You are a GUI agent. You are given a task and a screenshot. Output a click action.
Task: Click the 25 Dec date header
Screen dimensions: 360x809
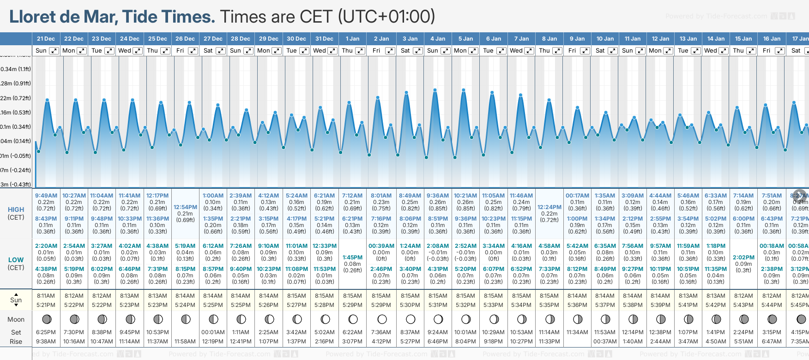157,39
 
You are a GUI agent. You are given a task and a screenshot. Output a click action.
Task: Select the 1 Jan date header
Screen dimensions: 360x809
352,39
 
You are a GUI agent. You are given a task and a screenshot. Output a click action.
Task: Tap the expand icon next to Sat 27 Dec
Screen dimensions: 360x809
221,51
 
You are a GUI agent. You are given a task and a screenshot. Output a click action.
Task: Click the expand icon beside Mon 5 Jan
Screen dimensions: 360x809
473,51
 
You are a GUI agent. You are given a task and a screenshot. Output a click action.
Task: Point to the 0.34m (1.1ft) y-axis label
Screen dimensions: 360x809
16,69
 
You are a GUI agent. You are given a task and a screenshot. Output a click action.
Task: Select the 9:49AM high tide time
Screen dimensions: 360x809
46,196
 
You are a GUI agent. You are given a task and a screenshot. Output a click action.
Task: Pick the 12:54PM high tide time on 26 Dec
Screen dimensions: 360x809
185,207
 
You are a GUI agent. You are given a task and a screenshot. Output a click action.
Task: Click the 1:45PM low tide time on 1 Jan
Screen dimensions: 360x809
352,258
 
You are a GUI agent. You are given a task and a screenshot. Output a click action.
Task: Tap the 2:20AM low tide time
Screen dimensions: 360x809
46,246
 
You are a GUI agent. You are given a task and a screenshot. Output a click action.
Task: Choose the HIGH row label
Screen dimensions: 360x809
16,210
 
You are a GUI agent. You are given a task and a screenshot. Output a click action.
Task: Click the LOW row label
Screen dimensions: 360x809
16,260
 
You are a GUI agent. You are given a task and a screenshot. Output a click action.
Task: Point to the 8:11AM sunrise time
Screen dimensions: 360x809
46,296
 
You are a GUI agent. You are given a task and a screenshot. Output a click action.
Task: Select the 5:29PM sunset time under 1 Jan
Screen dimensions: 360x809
352,305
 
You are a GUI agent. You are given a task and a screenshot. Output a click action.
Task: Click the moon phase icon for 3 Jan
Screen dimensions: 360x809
410,319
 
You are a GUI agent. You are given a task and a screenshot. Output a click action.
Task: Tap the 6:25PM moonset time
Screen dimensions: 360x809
46,332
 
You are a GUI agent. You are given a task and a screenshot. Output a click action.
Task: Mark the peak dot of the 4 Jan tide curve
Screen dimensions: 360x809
435,90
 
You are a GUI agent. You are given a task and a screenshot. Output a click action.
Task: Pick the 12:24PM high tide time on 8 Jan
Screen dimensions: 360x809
549,207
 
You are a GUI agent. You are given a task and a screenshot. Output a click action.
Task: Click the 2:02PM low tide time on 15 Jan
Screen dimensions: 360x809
743,258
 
